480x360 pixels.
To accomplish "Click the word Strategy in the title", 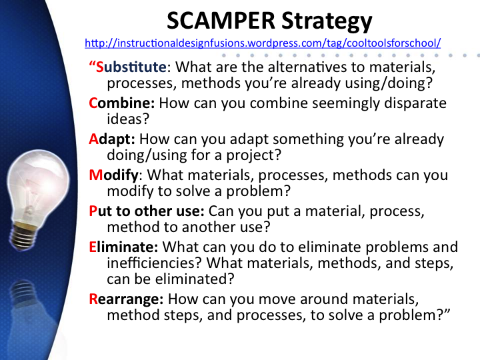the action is tap(327, 22).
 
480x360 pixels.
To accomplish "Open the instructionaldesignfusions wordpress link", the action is tap(263, 43).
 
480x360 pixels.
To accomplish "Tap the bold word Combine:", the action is tap(122, 103).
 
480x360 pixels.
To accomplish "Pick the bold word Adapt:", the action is tap(112, 139).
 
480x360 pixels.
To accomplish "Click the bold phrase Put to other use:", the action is tap(147, 211).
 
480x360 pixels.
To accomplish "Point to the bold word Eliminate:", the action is tap(123, 247).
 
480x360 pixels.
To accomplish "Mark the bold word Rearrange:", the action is tap(126, 299).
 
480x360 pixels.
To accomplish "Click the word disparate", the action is tap(415, 103).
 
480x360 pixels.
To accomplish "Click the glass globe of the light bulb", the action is tap(37, 184).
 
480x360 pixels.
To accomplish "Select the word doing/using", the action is tap(147, 155).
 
